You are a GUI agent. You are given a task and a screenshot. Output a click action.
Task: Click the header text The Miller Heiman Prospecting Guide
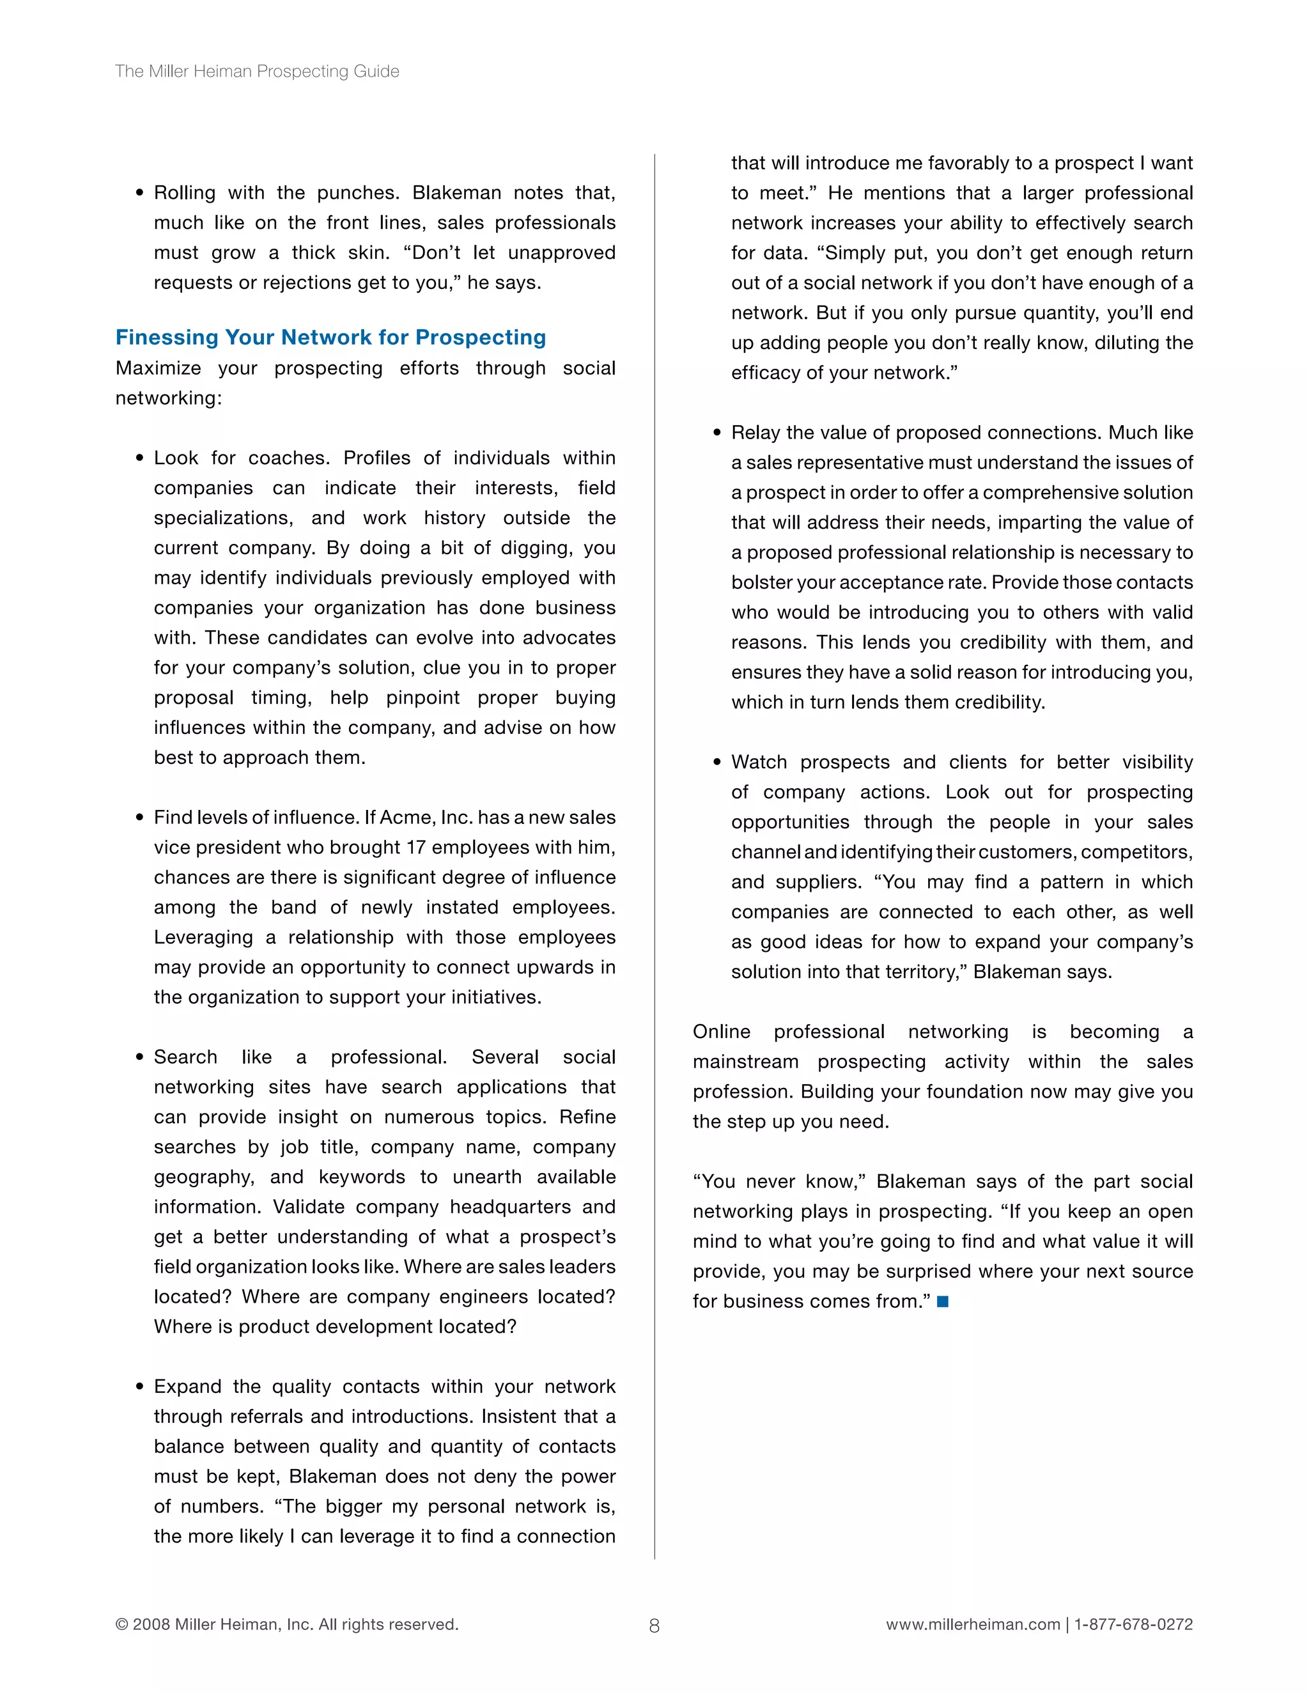[257, 72]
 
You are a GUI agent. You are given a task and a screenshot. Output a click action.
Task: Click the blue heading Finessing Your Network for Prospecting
[330, 338]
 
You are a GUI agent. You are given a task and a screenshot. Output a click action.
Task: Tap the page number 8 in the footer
[654, 1626]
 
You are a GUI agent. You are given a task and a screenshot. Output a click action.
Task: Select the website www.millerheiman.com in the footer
[972, 1624]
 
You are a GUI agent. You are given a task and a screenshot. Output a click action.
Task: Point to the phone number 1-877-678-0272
[1133, 1624]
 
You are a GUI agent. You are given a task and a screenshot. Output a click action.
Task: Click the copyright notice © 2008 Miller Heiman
[287, 1624]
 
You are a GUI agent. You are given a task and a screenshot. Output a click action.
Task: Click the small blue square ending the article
[942, 1302]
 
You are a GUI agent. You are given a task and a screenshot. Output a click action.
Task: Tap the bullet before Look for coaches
[139, 458]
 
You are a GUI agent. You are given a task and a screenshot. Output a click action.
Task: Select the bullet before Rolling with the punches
[139, 193]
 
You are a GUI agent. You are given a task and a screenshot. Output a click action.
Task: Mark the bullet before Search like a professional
[139, 1057]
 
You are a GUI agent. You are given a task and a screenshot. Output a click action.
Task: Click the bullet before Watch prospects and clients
[716, 763]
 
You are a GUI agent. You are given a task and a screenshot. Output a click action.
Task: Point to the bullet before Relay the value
[716, 433]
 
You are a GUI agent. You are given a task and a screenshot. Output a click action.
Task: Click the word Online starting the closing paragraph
[721, 1032]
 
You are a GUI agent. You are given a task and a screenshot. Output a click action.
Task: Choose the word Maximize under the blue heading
[159, 368]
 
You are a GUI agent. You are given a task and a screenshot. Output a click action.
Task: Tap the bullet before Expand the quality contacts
[139, 1387]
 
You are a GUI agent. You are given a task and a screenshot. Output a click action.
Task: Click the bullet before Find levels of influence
[139, 818]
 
